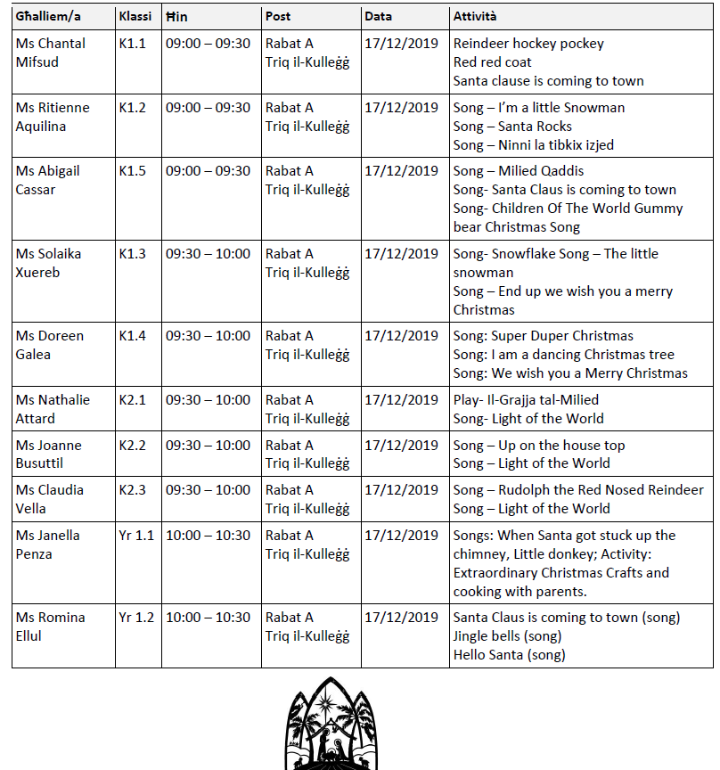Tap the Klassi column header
point(135,17)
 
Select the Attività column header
point(475,17)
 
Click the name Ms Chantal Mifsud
point(53,53)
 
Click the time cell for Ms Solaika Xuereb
point(208,254)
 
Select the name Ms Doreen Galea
point(50,345)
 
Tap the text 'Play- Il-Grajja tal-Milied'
point(526,400)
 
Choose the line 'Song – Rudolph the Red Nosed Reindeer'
point(578,490)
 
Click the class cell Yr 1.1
point(136,536)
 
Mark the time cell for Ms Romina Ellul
point(208,618)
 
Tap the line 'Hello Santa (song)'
point(509,655)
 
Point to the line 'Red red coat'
point(492,62)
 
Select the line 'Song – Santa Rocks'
point(512,127)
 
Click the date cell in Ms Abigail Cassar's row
point(401,171)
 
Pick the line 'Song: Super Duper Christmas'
point(543,336)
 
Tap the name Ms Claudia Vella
point(50,499)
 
